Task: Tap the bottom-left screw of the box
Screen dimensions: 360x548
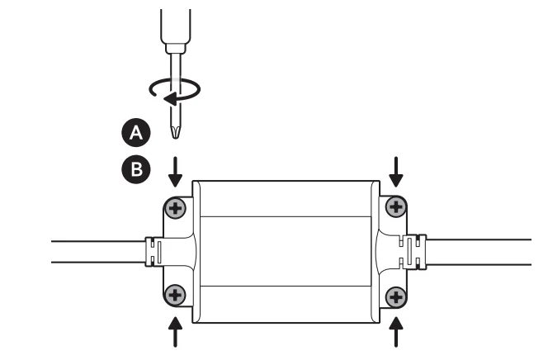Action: point(175,295)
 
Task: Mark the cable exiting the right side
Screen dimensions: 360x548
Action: point(483,251)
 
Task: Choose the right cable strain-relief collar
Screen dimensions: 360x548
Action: point(418,251)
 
